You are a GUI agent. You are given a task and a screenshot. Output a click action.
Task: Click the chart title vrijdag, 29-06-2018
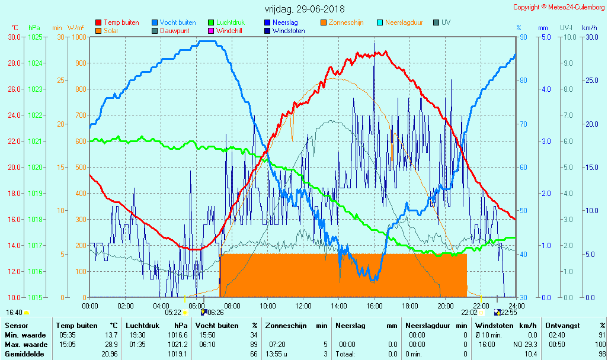tap(304, 9)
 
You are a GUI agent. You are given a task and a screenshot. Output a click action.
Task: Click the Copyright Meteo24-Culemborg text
tap(559, 7)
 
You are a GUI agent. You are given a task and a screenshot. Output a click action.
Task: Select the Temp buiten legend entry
tap(121, 22)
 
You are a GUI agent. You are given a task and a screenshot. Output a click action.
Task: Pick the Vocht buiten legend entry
tap(177, 22)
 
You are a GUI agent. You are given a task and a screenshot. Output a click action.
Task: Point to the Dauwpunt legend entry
tap(174, 30)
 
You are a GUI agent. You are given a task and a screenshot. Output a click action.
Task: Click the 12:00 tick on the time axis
tap(303, 306)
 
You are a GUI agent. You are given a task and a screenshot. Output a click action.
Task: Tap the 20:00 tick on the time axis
tap(446, 306)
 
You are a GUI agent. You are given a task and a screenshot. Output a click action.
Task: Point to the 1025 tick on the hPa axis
tap(35, 37)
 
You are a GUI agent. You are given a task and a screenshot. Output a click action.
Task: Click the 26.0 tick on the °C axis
tap(14, 89)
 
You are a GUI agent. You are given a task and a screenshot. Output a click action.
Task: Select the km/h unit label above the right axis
tap(589, 28)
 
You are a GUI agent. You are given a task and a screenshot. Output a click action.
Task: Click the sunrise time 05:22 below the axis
tap(173, 312)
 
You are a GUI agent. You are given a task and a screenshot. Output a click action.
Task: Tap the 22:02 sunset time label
tap(469, 312)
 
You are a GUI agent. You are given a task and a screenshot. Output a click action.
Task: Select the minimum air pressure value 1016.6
tap(178, 335)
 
